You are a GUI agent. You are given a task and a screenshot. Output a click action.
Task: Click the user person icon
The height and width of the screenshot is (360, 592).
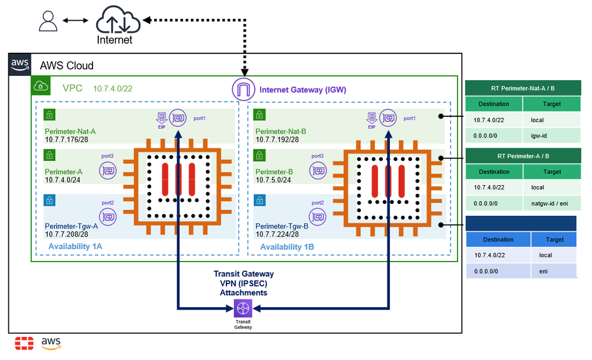[x=47, y=21]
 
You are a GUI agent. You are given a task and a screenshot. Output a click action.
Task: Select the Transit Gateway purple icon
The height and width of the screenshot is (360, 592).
[x=243, y=308]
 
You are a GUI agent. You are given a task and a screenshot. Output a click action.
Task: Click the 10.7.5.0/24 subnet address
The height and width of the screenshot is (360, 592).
[x=276, y=180]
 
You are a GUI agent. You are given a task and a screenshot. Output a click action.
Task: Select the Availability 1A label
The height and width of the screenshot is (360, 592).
[x=75, y=246]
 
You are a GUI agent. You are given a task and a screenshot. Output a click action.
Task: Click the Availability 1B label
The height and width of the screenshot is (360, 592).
[x=287, y=246]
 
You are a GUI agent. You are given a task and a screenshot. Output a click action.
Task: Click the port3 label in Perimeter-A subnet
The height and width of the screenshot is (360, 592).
[x=108, y=156]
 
